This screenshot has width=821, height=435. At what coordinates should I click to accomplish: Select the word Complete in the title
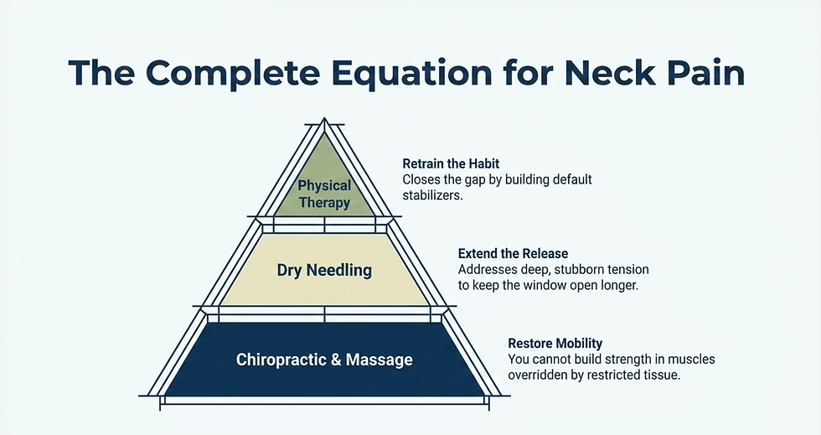[x=233, y=74]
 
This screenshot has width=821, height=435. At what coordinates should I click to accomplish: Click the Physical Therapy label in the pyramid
[x=324, y=194]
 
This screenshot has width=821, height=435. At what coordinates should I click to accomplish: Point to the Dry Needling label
[x=324, y=271]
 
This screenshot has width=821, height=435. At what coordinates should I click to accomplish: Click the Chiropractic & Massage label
[x=324, y=360]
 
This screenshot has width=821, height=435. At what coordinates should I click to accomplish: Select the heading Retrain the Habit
[x=451, y=163]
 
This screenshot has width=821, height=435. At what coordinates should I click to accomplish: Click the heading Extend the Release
[x=513, y=254]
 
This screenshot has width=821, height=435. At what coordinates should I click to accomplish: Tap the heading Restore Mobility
[x=555, y=344]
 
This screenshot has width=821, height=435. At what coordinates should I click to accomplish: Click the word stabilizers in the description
[x=432, y=196]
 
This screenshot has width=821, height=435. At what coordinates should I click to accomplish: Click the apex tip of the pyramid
[x=325, y=118]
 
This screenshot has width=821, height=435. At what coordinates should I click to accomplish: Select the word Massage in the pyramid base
[x=379, y=360]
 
